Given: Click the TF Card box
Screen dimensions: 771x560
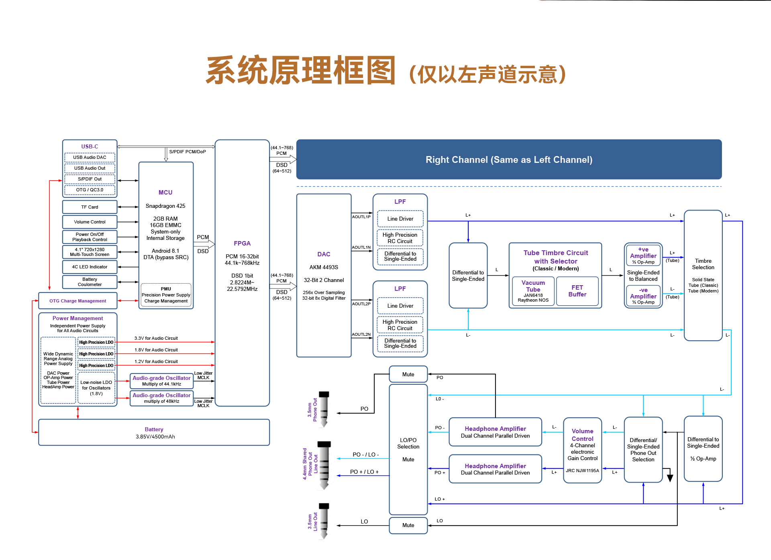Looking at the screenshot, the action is click(90, 207).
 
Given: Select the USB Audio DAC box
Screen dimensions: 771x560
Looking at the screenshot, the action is click(90, 157).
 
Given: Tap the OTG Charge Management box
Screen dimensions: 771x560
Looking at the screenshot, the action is click(78, 301).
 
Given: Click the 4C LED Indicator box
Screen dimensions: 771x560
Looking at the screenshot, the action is click(90, 267).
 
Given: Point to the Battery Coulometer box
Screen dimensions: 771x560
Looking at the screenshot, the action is click(90, 282).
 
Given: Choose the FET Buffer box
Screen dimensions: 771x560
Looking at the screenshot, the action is click(577, 291).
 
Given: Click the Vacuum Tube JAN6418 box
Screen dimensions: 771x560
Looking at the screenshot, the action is click(533, 291).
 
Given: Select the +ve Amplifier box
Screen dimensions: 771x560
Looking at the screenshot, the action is click(643, 256).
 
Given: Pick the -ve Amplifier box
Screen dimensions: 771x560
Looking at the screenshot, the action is click(643, 296).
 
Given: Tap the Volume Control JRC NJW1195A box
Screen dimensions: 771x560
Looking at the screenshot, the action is click(582, 450).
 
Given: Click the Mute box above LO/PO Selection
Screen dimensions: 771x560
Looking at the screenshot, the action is click(408, 374).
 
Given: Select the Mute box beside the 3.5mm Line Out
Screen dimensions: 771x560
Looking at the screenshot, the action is click(408, 525).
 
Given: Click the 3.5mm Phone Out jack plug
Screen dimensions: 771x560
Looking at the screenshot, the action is click(324, 409).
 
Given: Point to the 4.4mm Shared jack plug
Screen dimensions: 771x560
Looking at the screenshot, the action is click(324, 465).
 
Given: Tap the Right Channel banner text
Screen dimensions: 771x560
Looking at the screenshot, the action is click(509, 160).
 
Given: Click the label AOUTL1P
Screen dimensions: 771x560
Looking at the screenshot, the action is click(361, 217).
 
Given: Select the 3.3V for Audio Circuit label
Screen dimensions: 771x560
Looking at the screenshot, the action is click(156, 338).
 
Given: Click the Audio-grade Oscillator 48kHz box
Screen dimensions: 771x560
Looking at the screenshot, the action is click(161, 398).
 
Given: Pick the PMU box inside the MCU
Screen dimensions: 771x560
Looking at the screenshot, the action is click(166, 295).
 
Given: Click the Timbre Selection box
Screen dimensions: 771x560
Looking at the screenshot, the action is click(703, 275).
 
